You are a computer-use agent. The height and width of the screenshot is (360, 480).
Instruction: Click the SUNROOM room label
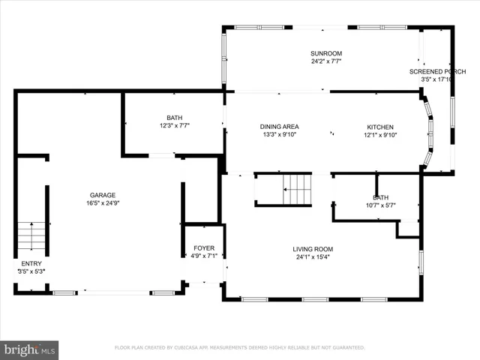click(326, 53)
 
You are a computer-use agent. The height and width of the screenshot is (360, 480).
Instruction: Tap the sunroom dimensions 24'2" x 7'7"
click(326, 62)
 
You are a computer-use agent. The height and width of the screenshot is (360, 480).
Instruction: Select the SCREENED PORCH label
click(438, 71)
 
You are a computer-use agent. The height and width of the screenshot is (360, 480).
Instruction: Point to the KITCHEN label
click(379, 127)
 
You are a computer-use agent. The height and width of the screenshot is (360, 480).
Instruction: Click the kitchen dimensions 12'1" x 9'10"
click(379, 136)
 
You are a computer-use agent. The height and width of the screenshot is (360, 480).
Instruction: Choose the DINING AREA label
click(279, 127)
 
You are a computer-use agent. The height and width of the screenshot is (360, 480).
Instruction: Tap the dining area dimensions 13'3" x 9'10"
click(279, 136)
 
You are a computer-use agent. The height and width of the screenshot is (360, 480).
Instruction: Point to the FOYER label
click(204, 247)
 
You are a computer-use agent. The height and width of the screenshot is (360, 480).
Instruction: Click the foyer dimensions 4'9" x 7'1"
click(204, 256)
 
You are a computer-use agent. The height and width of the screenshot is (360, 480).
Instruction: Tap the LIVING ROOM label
click(313, 248)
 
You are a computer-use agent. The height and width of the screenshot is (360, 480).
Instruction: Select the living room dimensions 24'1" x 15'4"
click(313, 257)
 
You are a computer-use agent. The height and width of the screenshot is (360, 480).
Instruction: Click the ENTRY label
click(31, 263)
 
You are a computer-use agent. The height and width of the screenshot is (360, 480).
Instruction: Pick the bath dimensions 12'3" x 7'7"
click(173, 126)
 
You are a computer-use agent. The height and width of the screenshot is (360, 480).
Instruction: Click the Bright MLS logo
click(30, 349)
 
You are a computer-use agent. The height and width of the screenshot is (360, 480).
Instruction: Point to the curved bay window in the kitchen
click(429, 131)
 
